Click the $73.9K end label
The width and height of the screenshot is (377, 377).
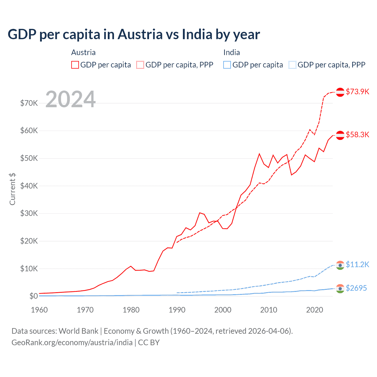point(357,92)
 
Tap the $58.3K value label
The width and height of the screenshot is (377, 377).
point(357,135)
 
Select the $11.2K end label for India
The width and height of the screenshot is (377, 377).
point(357,264)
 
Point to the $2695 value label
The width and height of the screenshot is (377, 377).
point(356,288)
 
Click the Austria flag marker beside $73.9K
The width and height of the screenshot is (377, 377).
point(340,92)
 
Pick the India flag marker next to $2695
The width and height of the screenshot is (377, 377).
point(340,289)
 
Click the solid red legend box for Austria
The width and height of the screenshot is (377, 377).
point(75,65)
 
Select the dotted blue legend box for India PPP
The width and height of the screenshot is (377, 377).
point(292,65)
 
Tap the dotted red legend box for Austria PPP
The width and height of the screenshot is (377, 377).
point(140,65)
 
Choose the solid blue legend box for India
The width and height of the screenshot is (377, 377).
point(227,65)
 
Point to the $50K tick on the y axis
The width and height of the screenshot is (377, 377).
point(29,158)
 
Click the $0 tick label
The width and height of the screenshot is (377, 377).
point(34,296)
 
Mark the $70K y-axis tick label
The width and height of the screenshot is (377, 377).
point(29,103)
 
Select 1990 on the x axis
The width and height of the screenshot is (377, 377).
point(177,310)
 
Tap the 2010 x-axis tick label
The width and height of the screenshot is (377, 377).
point(269,310)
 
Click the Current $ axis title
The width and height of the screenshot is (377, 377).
point(12,189)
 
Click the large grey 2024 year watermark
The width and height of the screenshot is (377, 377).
point(71,99)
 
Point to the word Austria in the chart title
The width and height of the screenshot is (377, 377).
point(140,34)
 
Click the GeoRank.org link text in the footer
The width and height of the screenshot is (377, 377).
point(72,343)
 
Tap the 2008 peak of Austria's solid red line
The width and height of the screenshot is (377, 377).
point(259,153)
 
